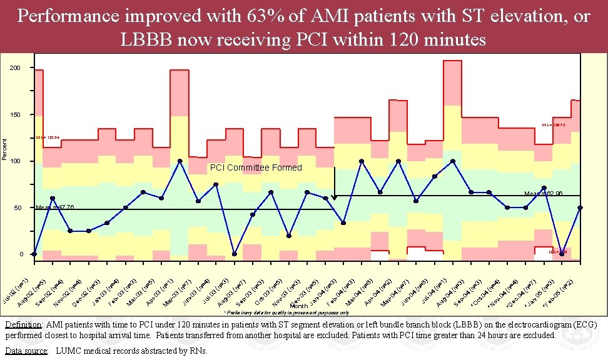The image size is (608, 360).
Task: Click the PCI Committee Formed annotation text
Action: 255,167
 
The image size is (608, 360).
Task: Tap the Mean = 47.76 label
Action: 55,207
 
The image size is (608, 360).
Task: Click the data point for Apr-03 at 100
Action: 180,161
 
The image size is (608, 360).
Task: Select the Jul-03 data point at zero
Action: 235,254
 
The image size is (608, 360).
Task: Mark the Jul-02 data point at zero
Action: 34,254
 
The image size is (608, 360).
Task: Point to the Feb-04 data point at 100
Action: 362,161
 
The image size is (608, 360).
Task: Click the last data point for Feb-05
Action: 580,207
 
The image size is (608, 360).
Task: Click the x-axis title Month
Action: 298,306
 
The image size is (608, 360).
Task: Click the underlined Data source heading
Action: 26,351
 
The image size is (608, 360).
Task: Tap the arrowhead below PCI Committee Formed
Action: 334,197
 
